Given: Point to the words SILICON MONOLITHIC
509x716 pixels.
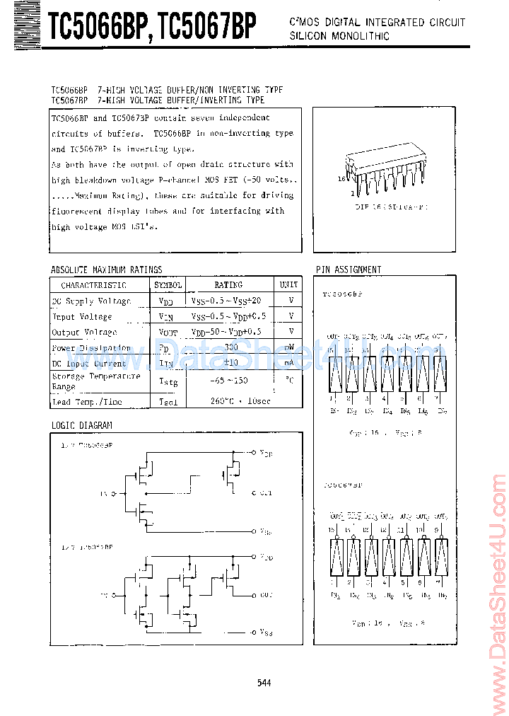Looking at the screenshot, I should pos(339,36).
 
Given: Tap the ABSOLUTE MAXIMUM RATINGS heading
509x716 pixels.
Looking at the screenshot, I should pos(106,270).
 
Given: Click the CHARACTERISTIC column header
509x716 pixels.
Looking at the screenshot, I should pos(93,285).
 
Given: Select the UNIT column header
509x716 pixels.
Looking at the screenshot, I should pos(288,285).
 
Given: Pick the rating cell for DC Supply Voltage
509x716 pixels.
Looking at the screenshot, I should pos(226,301).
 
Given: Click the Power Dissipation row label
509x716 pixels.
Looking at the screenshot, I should pos(91,348).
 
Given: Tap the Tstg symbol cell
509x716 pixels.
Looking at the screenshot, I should pos(168,382).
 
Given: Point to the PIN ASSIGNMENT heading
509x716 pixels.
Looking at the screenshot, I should pos(349,270).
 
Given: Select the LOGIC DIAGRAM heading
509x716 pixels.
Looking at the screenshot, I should pos(81,425).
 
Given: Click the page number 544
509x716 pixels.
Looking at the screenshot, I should pos(264,682).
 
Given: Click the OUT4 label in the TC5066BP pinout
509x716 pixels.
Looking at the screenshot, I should pos(386,337).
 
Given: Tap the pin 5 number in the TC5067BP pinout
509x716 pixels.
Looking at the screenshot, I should pos(403,582).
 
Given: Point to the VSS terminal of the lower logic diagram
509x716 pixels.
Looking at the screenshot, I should pos(264,632).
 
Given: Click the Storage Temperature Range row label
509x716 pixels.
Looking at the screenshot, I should pos(86,382).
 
